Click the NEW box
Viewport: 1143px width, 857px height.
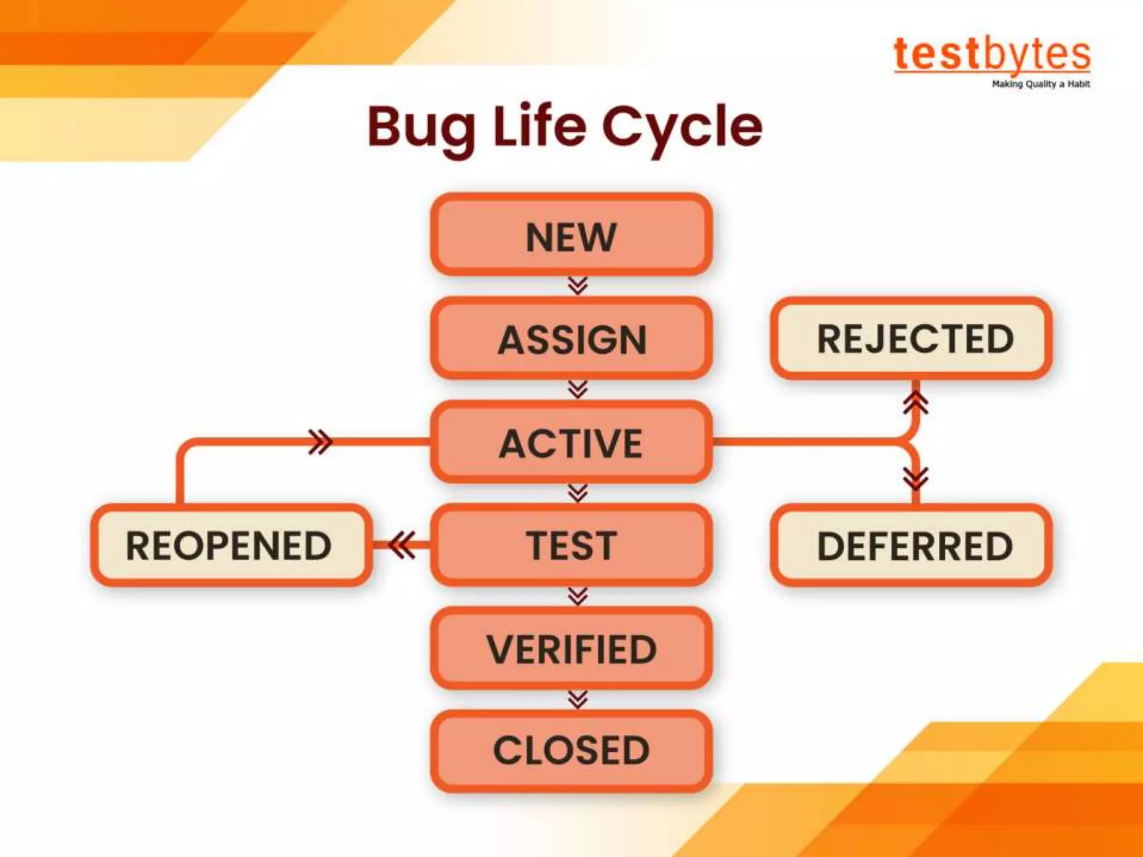coord(571,235)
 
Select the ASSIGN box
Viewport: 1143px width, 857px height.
coord(571,339)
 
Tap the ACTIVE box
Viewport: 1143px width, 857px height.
coord(571,442)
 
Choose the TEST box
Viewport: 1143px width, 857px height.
coord(571,545)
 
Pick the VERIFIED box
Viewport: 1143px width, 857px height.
coord(571,649)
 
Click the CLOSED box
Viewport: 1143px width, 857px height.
coord(571,750)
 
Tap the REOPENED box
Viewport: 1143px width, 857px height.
coord(230,545)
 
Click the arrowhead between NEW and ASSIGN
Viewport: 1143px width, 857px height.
coord(578,286)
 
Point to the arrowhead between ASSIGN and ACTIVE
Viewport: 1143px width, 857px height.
coord(578,389)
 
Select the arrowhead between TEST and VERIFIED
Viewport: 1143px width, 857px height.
coord(578,596)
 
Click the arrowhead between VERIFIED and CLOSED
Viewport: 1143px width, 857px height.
coord(578,700)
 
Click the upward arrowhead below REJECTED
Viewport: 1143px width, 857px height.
coord(916,402)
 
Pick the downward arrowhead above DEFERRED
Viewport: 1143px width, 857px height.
coord(916,478)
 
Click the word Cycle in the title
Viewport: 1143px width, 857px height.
coord(682,128)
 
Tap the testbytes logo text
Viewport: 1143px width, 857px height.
coord(992,55)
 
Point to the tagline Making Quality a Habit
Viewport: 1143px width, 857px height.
coord(1040,84)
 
